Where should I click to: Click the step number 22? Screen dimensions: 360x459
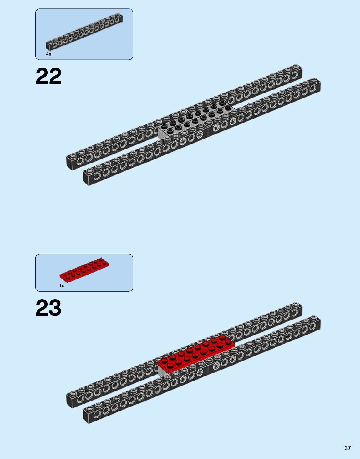coord(48,76)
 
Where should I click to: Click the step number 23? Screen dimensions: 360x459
coord(48,308)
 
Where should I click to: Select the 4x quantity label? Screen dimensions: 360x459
coord(48,54)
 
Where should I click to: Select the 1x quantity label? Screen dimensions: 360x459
coord(62,286)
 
